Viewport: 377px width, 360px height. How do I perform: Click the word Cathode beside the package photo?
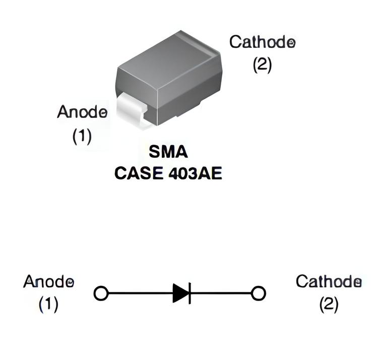click(262, 42)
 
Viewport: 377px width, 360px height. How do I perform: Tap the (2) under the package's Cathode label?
click(262, 65)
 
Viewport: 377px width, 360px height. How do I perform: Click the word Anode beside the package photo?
click(82, 111)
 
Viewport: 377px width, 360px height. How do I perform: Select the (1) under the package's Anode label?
click(82, 136)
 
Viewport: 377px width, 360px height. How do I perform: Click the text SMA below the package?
click(168, 152)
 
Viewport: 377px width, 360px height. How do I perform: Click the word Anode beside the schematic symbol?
click(49, 282)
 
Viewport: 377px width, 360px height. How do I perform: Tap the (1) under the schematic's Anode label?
click(49, 304)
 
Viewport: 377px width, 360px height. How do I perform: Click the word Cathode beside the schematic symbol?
click(328, 281)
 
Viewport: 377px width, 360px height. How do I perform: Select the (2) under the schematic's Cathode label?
click(329, 304)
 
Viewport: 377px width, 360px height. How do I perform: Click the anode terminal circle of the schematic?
click(101, 293)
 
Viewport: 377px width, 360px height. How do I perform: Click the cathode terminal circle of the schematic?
click(259, 293)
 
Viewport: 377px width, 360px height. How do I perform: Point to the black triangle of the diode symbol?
click(179, 293)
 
